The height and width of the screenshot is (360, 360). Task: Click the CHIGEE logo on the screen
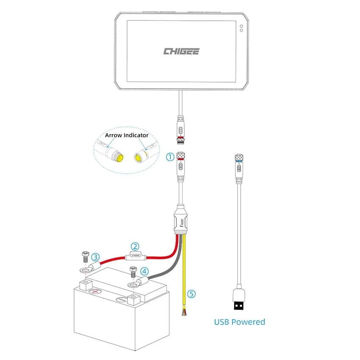click(x=181, y=51)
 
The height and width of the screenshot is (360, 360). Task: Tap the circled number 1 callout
click(x=170, y=157)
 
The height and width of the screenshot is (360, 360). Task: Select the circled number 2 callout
click(x=135, y=246)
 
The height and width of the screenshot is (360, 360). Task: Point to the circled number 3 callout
click(x=96, y=257)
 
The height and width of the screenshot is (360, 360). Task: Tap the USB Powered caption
click(x=239, y=322)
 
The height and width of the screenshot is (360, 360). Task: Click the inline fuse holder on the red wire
click(x=134, y=255)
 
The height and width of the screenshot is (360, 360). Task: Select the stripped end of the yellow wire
click(x=183, y=313)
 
